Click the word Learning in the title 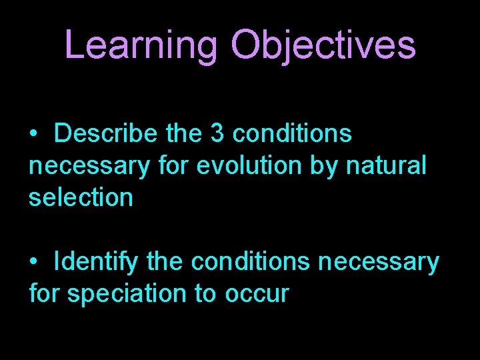pyautogui.click(x=141, y=45)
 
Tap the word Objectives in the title pyautogui.click(x=323, y=45)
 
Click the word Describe pyautogui.click(x=105, y=134)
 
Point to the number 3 pyautogui.click(x=217, y=134)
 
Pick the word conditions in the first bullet pyautogui.click(x=293, y=134)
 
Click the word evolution pyautogui.click(x=251, y=165)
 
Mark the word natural pyautogui.click(x=387, y=165)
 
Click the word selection pyautogui.click(x=81, y=197)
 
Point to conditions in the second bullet pyautogui.click(x=251, y=261)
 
